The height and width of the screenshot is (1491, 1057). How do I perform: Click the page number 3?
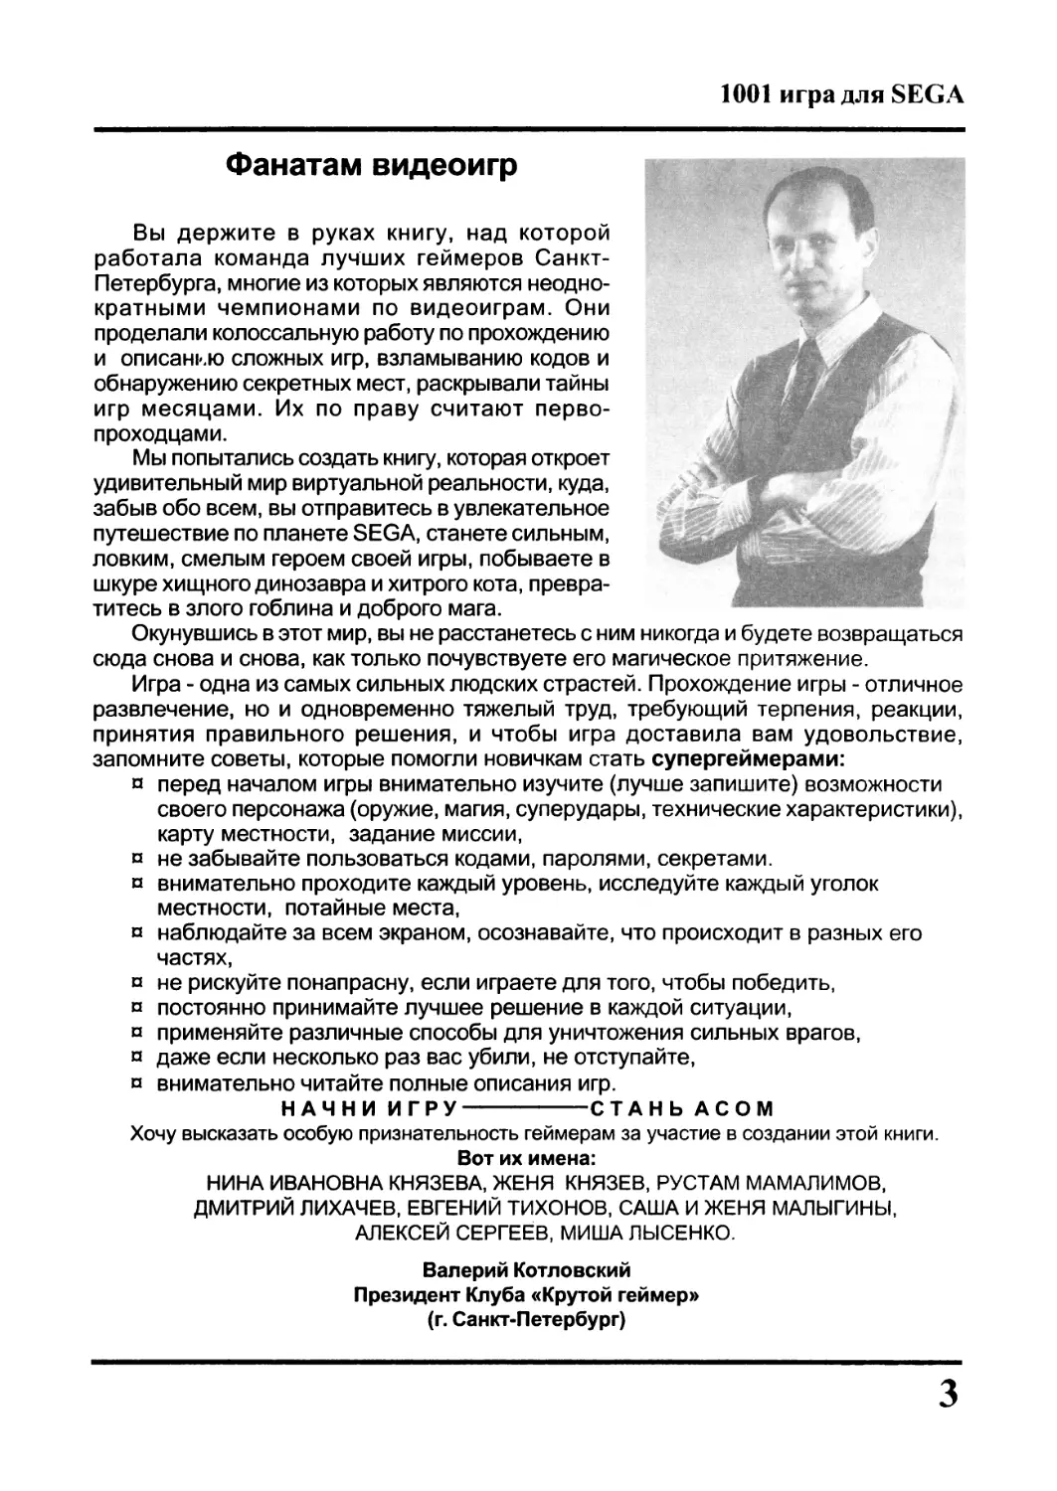point(948,1394)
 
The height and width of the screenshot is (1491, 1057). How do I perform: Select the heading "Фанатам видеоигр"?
point(372,165)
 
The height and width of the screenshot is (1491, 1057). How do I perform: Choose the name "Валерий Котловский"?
point(526,1269)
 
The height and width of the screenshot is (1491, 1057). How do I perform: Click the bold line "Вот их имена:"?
point(527,1158)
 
